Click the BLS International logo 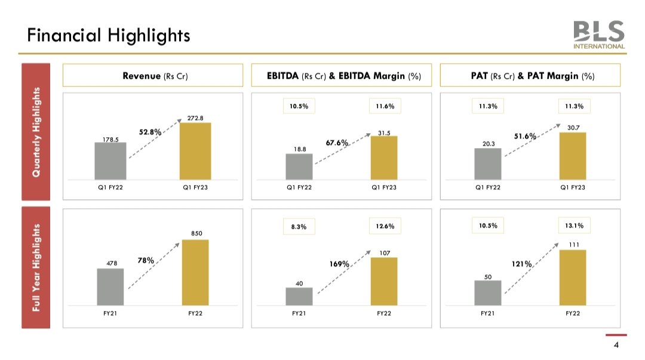pyautogui.click(x=599, y=35)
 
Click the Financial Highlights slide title pyautogui.click(x=109, y=35)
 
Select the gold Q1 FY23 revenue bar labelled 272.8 pyautogui.click(x=195, y=151)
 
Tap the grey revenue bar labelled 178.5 pyautogui.click(x=110, y=161)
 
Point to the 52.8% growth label pyautogui.click(x=150, y=132)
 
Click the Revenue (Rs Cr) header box pyautogui.click(x=153, y=76)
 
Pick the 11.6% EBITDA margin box pyautogui.click(x=385, y=106)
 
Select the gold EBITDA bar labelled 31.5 pyautogui.click(x=384, y=158)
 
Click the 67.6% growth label pyautogui.click(x=337, y=143)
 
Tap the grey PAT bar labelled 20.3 pyautogui.click(x=488, y=164)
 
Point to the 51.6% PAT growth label pyautogui.click(x=525, y=137)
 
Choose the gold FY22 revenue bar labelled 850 pyautogui.click(x=195, y=272)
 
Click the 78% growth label pyautogui.click(x=146, y=260)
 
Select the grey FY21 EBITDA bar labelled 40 pyautogui.click(x=299, y=296)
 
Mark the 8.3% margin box pyautogui.click(x=299, y=227)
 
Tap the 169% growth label pyautogui.click(x=339, y=263)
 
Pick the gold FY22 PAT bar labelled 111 pyautogui.click(x=573, y=277)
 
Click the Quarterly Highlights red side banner pyautogui.click(x=37, y=132)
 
